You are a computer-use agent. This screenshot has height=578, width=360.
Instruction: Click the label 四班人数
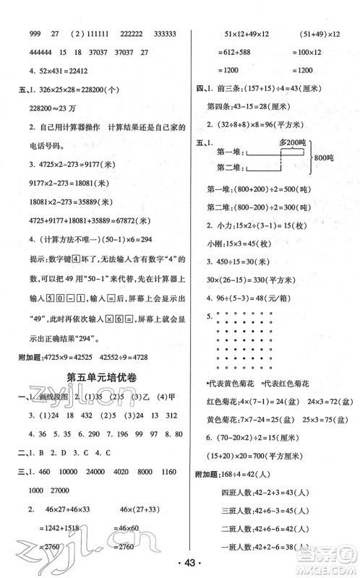[x=247, y=498]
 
